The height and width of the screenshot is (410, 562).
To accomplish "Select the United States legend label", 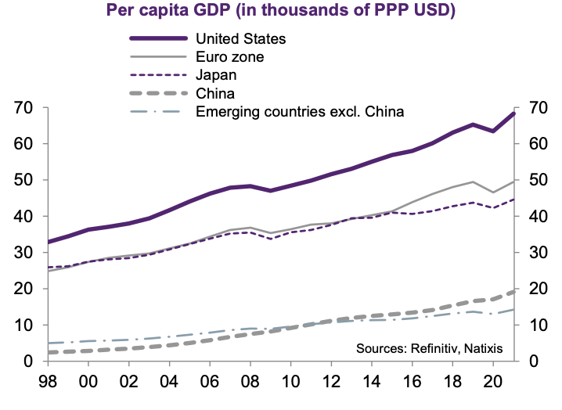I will tap(242, 38).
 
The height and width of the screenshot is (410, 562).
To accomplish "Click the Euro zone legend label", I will tap(229, 56).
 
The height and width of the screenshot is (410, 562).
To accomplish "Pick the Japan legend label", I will tap(216, 75).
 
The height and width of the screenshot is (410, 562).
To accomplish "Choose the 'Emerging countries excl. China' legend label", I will tap(299, 111).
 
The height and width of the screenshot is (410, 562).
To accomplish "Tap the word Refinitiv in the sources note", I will tap(433, 347).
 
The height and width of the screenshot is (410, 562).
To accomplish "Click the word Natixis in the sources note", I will tap(483, 347).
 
